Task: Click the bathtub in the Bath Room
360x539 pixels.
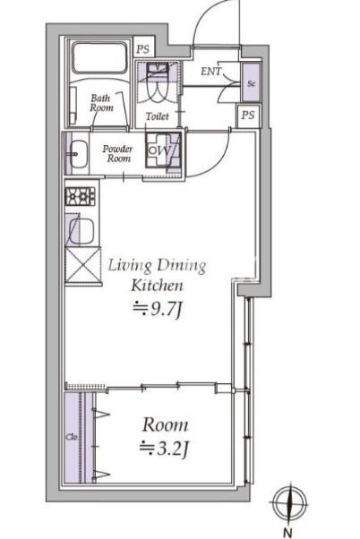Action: (x=99, y=57)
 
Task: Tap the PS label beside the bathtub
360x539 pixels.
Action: (x=143, y=49)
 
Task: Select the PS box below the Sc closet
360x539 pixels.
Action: (x=248, y=115)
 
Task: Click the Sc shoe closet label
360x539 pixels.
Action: (x=251, y=83)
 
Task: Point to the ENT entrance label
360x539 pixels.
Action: (x=211, y=71)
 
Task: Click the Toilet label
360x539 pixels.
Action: (x=157, y=116)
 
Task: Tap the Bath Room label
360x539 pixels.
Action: (x=101, y=103)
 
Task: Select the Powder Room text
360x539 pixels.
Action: (x=117, y=154)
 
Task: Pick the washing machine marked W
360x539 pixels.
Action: (x=162, y=150)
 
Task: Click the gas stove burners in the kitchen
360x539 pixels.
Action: (x=81, y=197)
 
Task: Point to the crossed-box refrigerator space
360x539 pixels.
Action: (x=82, y=265)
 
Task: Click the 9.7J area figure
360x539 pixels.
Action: (x=157, y=309)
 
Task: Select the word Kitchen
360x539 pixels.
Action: (x=157, y=286)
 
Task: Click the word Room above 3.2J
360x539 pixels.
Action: (x=166, y=425)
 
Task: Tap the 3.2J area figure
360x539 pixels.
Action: (x=165, y=449)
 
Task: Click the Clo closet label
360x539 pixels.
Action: (x=71, y=437)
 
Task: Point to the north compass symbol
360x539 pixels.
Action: (x=290, y=503)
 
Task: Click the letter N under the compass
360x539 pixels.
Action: (x=287, y=532)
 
